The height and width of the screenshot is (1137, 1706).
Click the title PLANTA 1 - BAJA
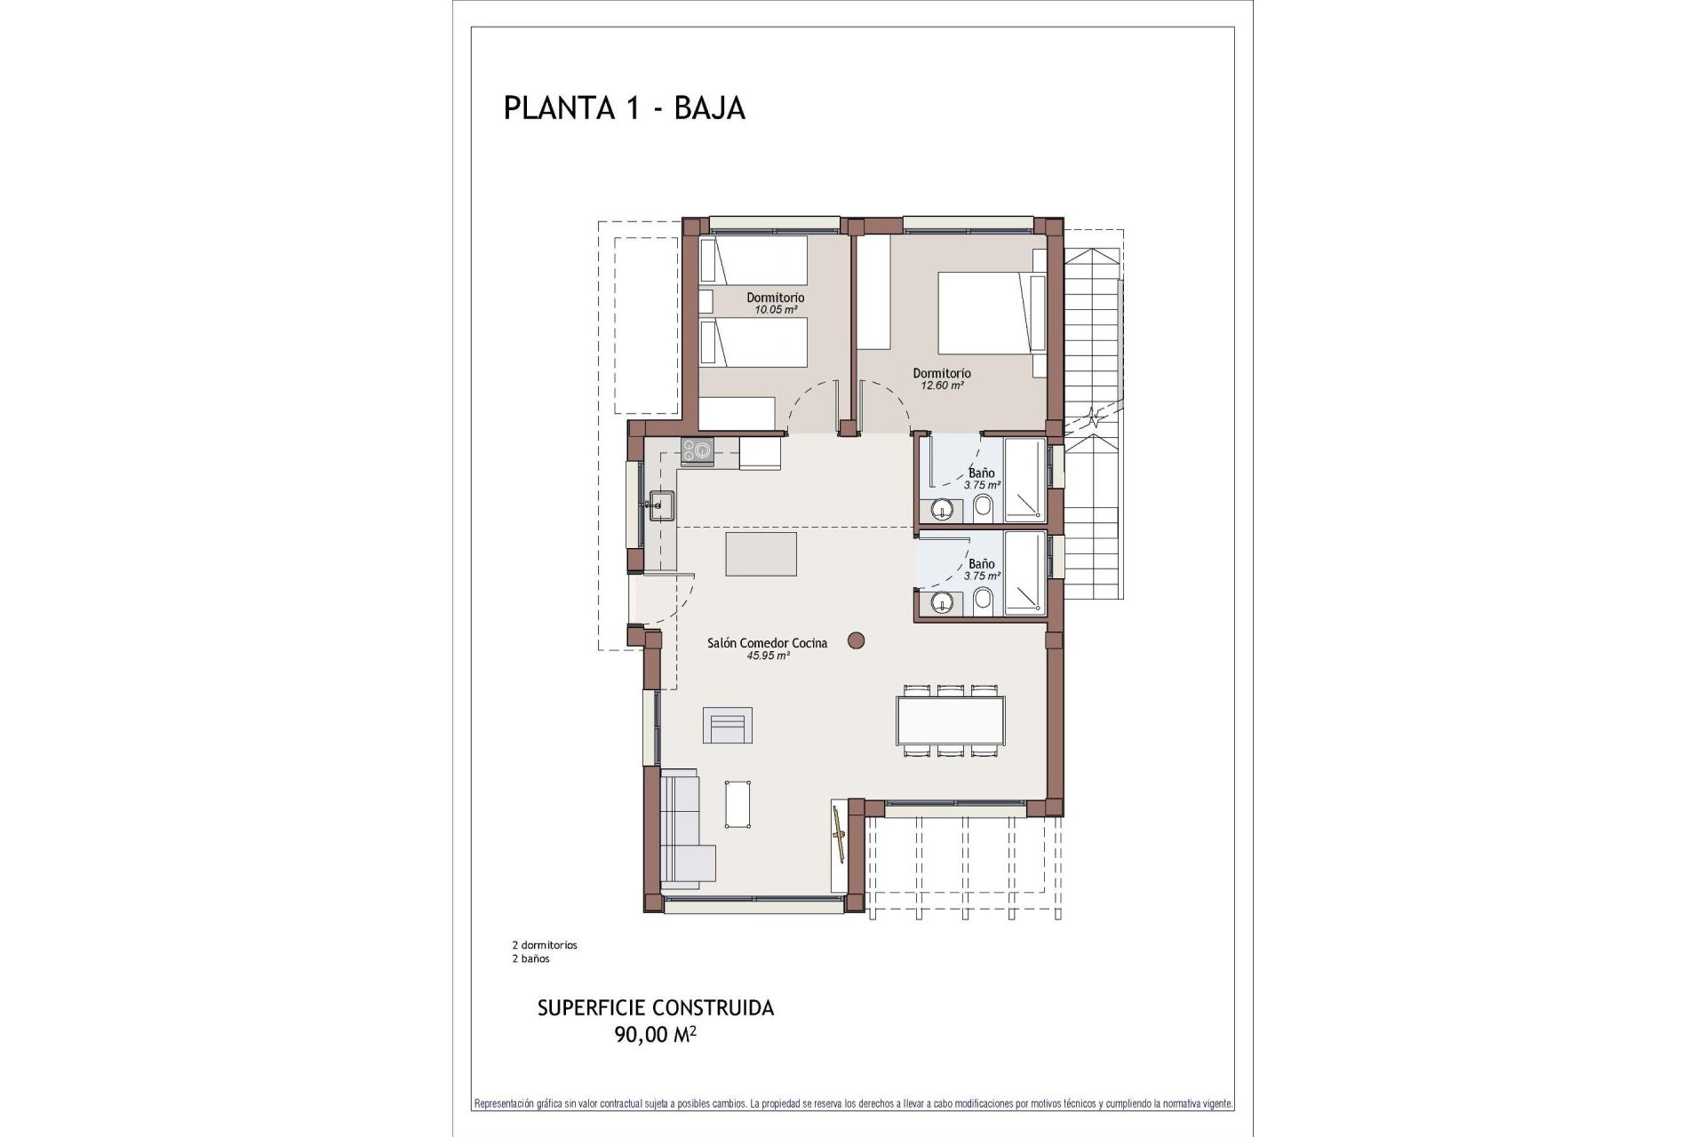pyautogui.click(x=624, y=107)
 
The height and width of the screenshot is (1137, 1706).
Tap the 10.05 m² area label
pyautogui.click(x=775, y=310)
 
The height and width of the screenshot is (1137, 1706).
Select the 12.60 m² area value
pyautogui.click(x=942, y=386)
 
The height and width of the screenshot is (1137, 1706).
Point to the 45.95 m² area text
pyautogui.click(x=769, y=656)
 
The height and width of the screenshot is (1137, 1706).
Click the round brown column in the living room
pyautogui.click(x=857, y=640)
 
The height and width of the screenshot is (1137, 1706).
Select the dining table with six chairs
pyautogui.click(x=950, y=720)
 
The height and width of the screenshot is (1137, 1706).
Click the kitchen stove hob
pyautogui.click(x=697, y=451)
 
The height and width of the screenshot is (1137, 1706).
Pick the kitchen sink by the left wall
pyautogui.click(x=660, y=505)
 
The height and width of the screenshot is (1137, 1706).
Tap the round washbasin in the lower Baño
pyautogui.click(x=942, y=604)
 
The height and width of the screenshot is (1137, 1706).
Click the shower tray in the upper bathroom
pyautogui.click(x=1024, y=480)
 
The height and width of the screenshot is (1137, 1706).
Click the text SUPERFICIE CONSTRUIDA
pyautogui.click(x=656, y=1008)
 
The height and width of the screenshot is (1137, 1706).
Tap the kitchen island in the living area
pyautogui.click(x=761, y=554)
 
